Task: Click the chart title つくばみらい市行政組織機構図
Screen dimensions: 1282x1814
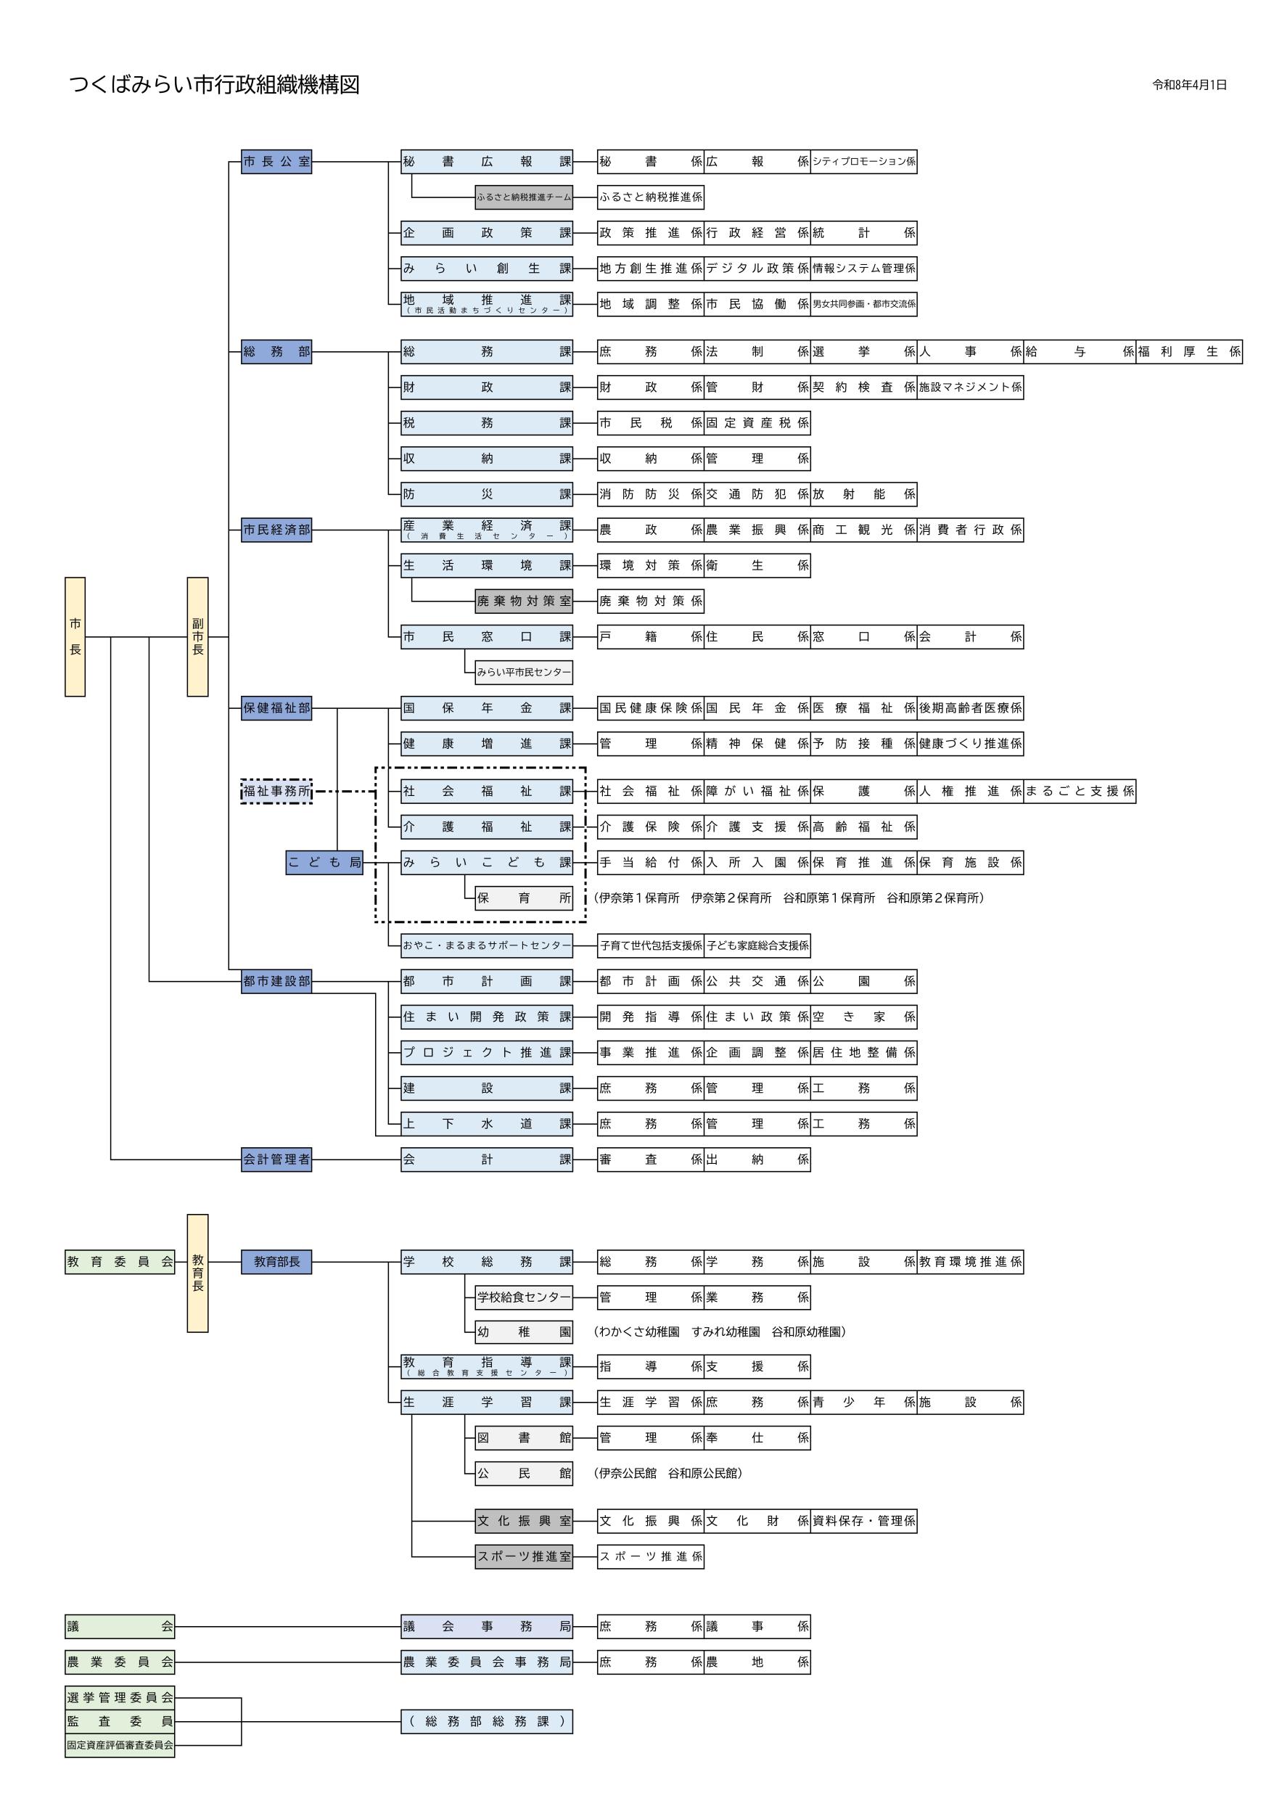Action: click(214, 86)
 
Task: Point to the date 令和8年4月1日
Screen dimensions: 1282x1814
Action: click(1190, 86)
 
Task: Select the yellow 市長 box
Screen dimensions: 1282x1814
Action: click(75, 637)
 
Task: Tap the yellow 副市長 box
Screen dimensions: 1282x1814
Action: click(197, 637)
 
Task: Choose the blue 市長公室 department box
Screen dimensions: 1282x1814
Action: click(276, 162)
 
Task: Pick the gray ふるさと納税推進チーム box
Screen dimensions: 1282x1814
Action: click(524, 197)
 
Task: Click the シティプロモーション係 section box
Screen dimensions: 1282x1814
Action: click(863, 162)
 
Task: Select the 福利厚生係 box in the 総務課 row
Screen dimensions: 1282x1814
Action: click(1189, 352)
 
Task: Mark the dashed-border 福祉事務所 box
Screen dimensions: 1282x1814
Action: click(276, 791)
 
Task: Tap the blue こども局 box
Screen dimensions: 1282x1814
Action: click(324, 862)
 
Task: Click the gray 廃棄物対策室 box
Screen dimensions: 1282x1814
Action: click(524, 602)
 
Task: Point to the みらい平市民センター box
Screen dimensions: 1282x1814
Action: click(524, 673)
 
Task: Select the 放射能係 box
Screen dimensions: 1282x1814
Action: click(863, 495)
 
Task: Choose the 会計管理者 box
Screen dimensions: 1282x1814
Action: click(276, 1160)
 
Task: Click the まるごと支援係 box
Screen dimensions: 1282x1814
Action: click(1080, 791)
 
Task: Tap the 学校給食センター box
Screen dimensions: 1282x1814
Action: click(524, 1297)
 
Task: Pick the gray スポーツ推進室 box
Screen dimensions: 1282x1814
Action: click(524, 1556)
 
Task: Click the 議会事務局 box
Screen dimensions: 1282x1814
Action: click(487, 1626)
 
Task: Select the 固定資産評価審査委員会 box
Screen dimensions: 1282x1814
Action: click(120, 1744)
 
